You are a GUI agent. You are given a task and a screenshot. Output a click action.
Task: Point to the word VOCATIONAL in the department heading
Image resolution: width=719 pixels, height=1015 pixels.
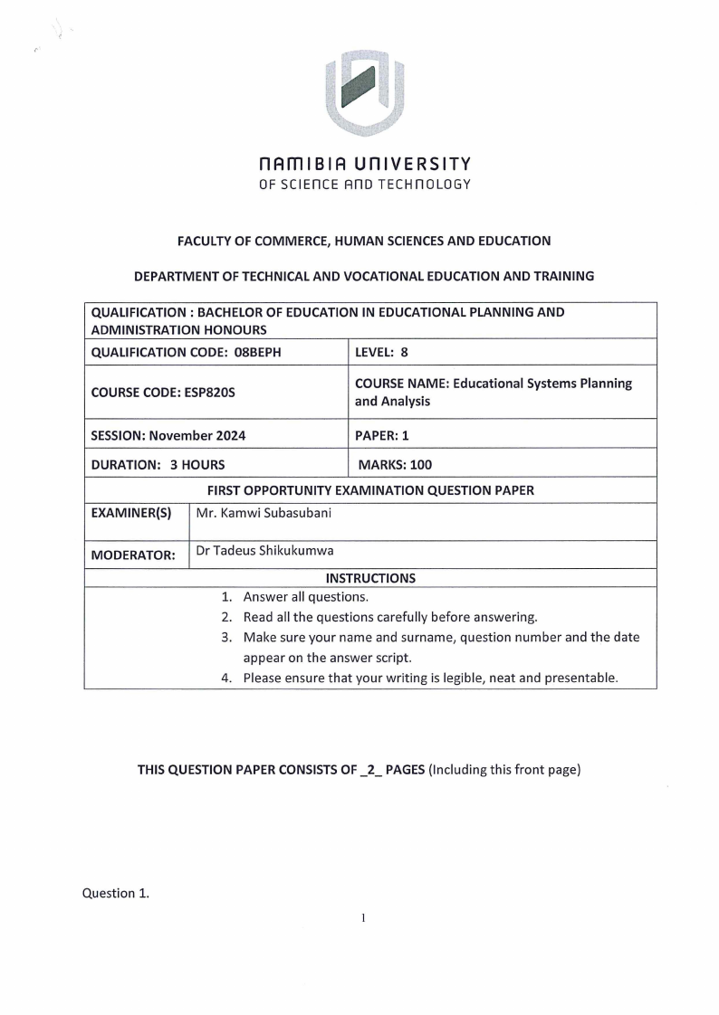click(x=375, y=276)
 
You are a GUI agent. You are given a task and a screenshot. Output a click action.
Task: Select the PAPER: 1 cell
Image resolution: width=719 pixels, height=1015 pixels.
click(x=382, y=435)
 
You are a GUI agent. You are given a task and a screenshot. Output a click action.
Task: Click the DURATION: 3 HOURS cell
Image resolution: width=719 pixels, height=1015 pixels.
click(x=158, y=465)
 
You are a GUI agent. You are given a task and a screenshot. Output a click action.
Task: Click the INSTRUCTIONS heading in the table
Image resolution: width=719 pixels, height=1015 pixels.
click(x=370, y=578)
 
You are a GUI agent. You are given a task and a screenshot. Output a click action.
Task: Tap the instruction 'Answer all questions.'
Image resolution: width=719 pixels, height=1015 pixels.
click(x=305, y=597)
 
